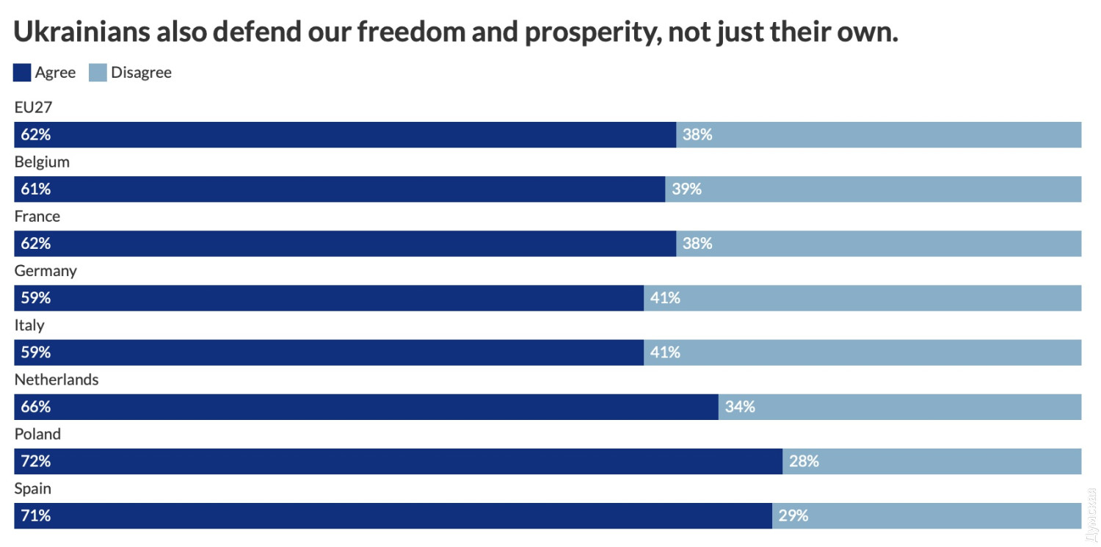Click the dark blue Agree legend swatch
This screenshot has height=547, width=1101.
23,73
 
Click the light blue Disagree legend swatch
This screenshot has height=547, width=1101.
98,73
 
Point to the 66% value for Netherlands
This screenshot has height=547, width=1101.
35,407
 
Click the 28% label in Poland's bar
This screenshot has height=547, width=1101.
804,461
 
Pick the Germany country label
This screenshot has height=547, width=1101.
46,271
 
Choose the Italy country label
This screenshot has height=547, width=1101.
29,325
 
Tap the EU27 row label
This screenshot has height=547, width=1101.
33,107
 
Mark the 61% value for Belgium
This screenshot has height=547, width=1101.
35,189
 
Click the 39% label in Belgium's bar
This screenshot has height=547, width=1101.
686,189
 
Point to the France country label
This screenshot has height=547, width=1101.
37,217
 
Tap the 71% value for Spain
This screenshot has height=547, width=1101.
35,515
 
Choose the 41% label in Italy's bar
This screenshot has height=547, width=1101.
665,352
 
